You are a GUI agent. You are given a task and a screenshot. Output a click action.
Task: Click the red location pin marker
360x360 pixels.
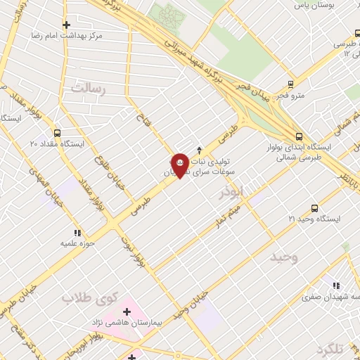180,165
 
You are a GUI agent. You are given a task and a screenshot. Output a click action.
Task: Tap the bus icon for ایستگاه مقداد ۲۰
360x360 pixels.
57,132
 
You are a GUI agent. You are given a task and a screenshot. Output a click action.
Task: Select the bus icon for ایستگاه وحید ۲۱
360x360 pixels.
314,208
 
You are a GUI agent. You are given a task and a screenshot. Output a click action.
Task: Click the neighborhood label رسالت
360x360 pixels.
87,89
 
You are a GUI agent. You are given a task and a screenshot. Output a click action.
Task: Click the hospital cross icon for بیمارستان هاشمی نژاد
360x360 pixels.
127,310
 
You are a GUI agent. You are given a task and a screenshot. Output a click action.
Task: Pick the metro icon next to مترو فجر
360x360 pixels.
285,98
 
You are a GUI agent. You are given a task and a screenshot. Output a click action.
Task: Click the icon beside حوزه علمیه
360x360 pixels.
77,233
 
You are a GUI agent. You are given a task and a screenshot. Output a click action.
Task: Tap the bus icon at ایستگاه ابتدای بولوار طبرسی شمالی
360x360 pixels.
300,137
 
